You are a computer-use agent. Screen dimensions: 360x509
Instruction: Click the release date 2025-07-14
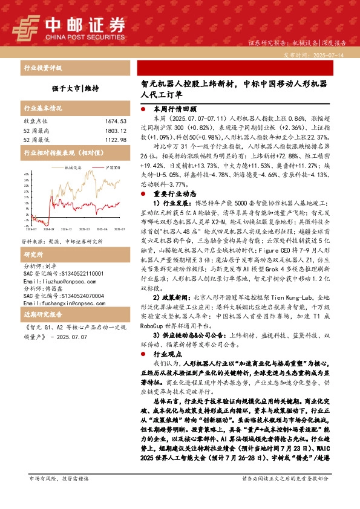click(x=332, y=54)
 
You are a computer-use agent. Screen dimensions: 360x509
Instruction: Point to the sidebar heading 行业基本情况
click(x=42, y=108)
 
